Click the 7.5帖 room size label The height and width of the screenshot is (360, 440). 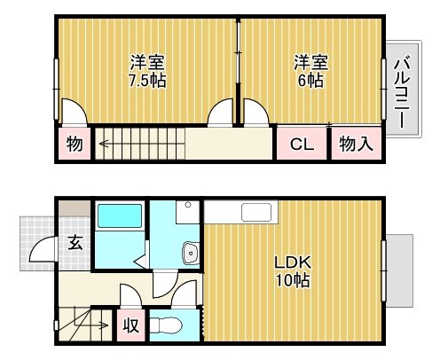click(x=148, y=79)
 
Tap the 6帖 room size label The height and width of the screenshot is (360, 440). click(x=310, y=79)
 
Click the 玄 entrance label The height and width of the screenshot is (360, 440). click(x=75, y=243)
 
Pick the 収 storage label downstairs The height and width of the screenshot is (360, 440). click(x=130, y=325)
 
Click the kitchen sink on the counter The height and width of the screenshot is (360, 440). click(x=258, y=213)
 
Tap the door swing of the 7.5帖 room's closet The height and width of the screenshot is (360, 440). click(x=73, y=113)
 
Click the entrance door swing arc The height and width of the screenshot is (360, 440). click(x=44, y=254)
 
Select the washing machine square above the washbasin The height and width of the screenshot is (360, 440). click(x=186, y=212)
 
